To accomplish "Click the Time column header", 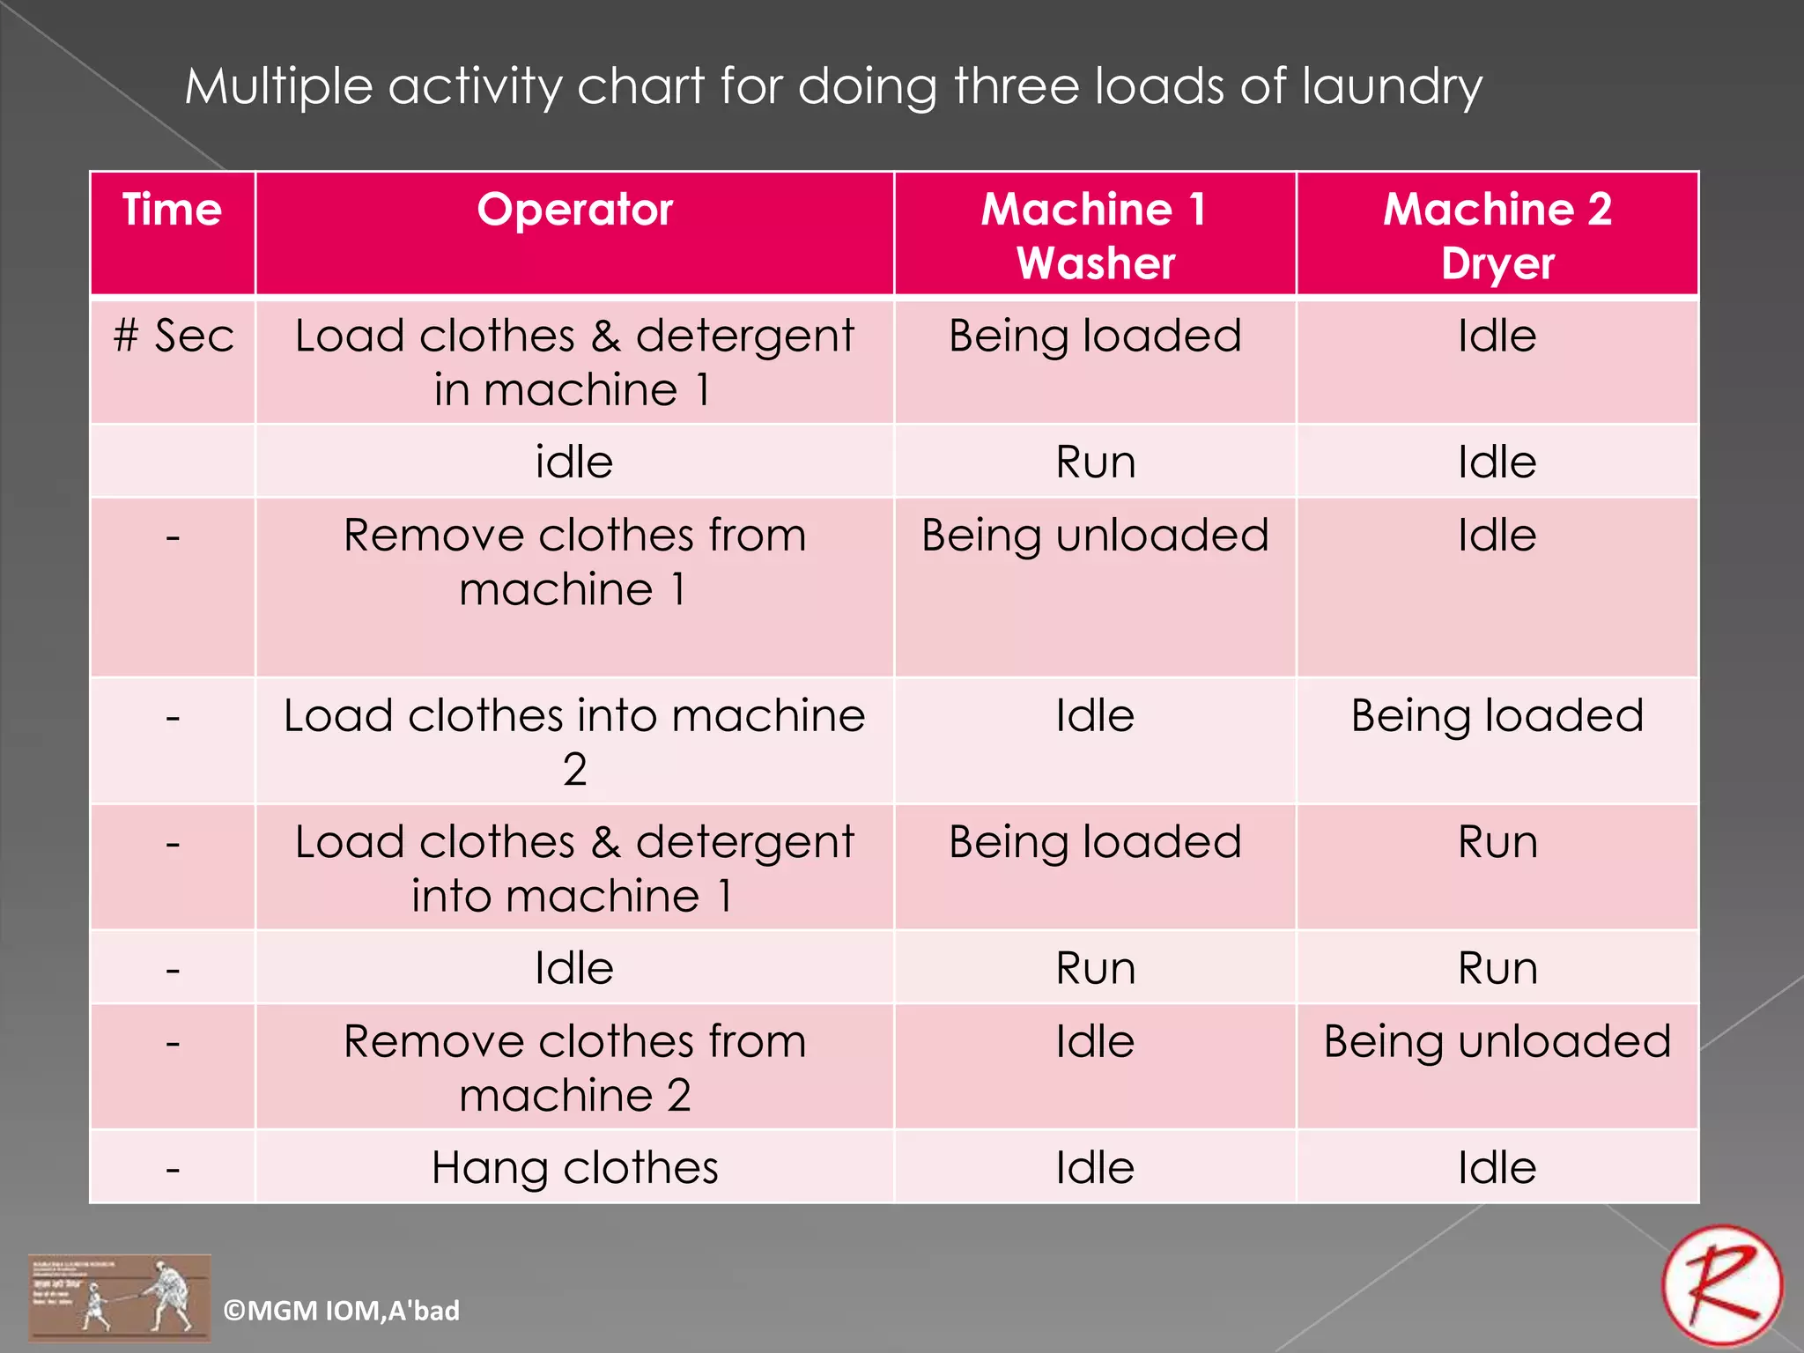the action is coord(172,211).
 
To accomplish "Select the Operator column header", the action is coord(574,211).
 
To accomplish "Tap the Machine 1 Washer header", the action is coord(1095,236).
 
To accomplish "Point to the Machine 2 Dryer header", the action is coord(1497,236).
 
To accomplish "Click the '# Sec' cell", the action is coord(174,336).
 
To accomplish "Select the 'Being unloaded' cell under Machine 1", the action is coord(1095,536).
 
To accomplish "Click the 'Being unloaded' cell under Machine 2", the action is coord(1497,1042).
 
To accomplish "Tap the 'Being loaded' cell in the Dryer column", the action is coord(1497,715).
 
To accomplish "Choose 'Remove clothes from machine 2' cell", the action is coord(574,1068).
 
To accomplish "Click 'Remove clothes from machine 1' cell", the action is coord(574,562).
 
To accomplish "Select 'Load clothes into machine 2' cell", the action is coord(574,742).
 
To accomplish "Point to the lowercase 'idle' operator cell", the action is coord(574,462).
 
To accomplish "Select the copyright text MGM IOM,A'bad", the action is coord(342,1311).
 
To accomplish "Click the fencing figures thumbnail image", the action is coord(120,1298).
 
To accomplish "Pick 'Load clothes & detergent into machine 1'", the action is coord(574,869).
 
